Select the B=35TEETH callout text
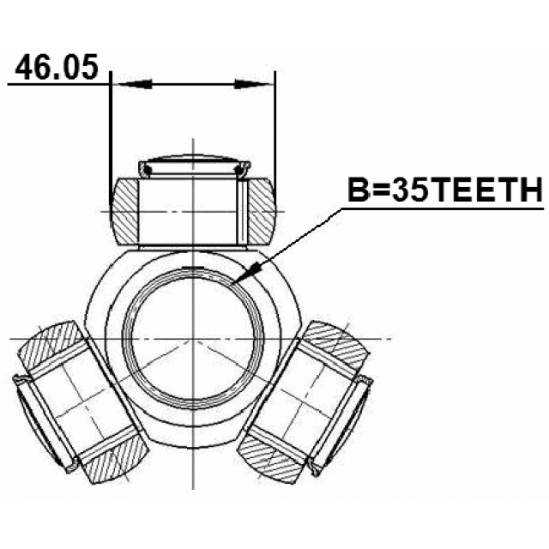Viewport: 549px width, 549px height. (x=443, y=190)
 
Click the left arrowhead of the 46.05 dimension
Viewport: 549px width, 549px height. (x=133, y=84)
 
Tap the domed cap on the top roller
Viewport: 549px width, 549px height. (x=196, y=164)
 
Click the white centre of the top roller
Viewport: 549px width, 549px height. (x=194, y=211)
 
